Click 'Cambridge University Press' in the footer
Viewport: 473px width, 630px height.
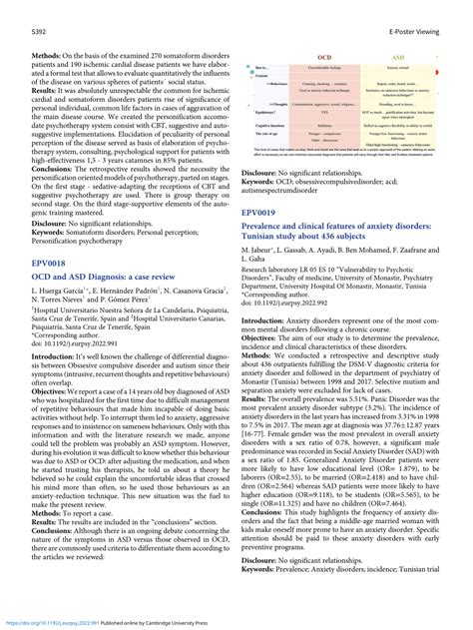[x=179, y=620]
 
